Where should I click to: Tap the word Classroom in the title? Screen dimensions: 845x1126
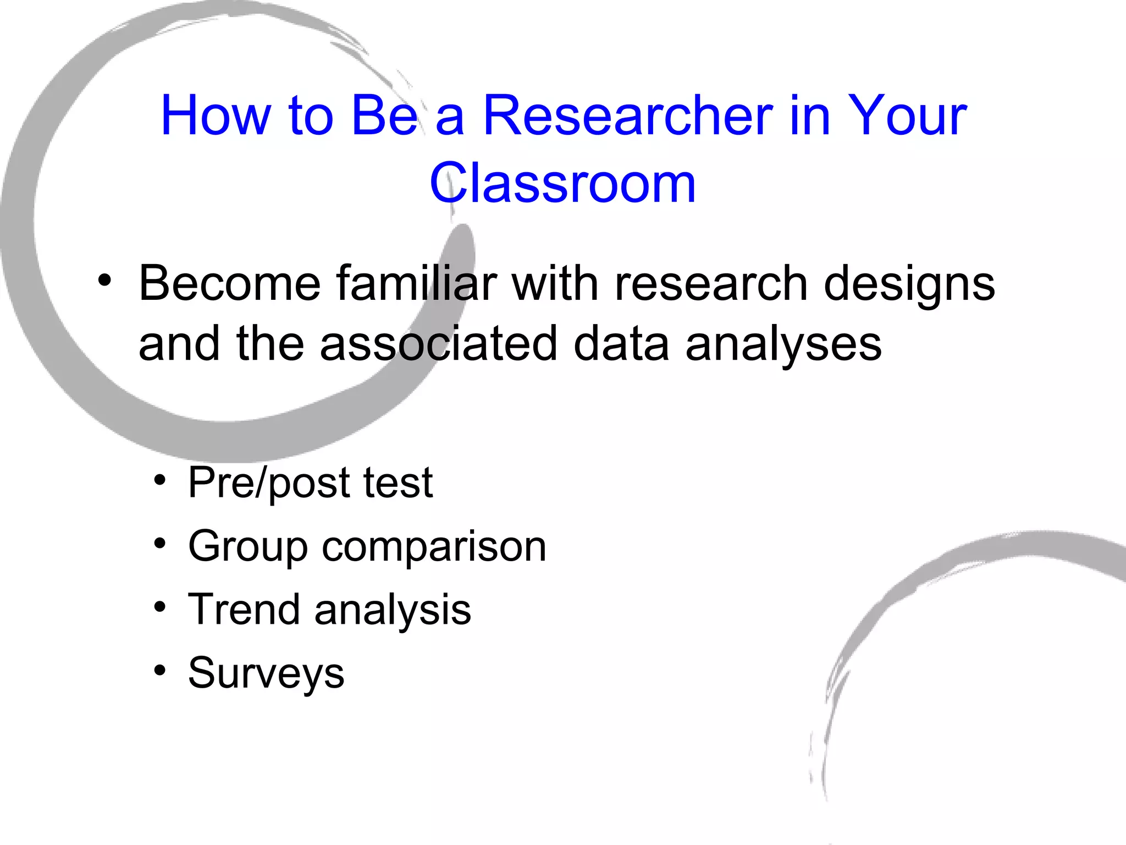[562, 183]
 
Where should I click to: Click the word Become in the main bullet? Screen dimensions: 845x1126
[229, 284]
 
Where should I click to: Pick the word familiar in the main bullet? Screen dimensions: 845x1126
[416, 284]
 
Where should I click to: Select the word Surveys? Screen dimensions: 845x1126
[266, 674]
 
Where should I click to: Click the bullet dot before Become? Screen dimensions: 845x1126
[104, 282]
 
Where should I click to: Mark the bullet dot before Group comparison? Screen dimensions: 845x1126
[159, 544]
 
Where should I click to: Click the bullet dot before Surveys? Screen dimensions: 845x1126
[159, 671]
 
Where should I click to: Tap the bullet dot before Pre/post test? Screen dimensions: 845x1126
[159, 480]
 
